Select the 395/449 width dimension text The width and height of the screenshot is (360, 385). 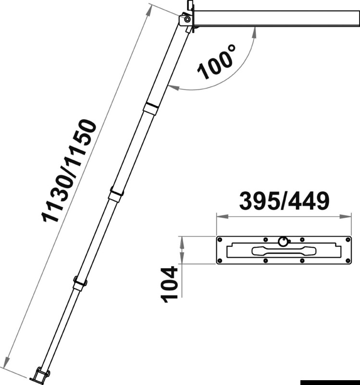click(x=284, y=202)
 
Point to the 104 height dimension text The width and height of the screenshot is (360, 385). click(x=169, y=284)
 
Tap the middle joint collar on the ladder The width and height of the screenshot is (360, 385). click(x=115, y=194)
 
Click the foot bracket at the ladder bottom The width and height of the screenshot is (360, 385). click(x=40, y=373)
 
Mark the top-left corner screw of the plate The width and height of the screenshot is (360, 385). click(x=220, y=239)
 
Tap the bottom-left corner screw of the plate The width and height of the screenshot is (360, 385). click(x=220, y=261)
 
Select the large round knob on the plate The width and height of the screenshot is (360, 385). click(x=284, y=241)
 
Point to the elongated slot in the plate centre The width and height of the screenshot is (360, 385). click(x=284, y=250)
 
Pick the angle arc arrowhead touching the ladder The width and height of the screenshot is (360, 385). click(x=171, y=88)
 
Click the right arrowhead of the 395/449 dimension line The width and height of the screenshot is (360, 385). click(x=348, y=217)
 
